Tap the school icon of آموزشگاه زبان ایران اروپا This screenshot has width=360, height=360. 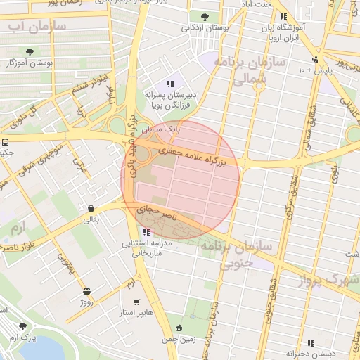(283, 17)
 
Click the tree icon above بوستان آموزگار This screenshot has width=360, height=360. (30, 52)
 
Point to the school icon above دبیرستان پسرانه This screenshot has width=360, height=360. (169, 84)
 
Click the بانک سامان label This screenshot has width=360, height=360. (161, 130)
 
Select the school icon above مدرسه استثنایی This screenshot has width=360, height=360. (146, 232)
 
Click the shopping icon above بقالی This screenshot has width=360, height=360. (92, 208)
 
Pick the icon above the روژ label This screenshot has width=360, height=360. (86, 292)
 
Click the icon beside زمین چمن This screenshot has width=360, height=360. (180, 328)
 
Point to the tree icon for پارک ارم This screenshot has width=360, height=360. (23, 326)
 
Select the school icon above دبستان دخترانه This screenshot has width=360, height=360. (309, 343)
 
